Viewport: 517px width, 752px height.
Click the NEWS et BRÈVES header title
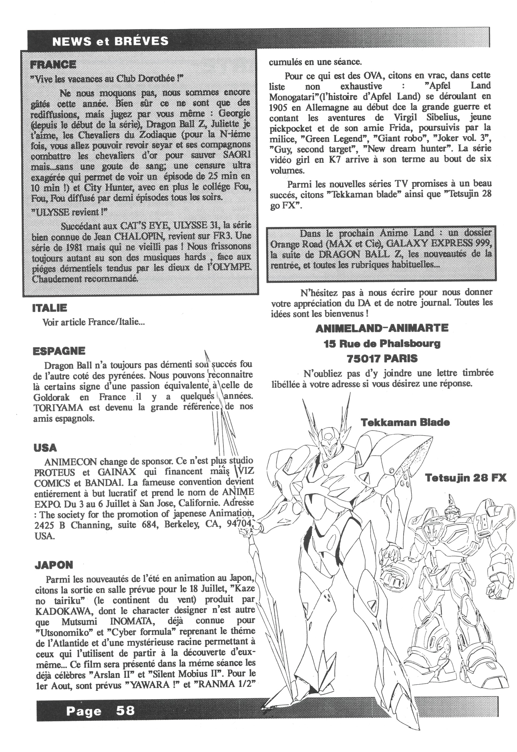coord(110,41)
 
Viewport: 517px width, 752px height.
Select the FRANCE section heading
coord(53,65)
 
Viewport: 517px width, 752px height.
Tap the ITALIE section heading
coord(49,308)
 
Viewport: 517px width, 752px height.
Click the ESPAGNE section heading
coord(59,351)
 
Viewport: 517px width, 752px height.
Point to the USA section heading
coord(45,448)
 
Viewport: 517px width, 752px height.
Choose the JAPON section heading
coord(54,565)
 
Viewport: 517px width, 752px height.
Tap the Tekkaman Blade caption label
coord(405,422)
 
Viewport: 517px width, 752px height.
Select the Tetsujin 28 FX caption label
coord(466,478)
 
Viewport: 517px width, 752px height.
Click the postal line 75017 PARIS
coord(382,358)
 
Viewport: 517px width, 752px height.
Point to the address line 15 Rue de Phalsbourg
coord(382,343)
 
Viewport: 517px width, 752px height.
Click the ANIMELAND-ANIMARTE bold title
coord(382,328)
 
